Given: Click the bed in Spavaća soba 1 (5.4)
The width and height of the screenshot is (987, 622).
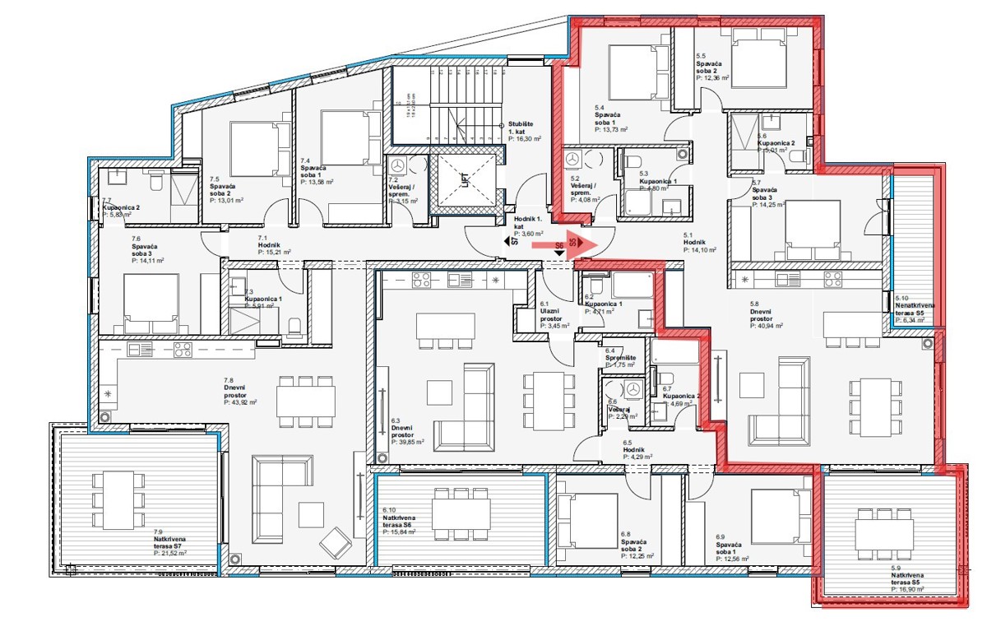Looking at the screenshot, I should point(633,72).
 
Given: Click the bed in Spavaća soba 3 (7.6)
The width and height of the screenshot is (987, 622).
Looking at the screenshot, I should point(151,301).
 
